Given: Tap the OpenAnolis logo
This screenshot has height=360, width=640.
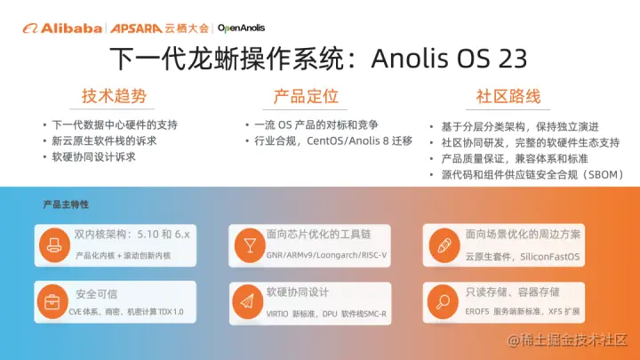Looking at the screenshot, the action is tap(241, 28).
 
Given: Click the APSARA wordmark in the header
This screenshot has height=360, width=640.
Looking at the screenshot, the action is tap(136, 28).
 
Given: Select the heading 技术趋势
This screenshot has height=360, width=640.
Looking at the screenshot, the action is tap(114, 96).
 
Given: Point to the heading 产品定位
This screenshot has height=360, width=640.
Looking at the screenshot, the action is tap(306, 96).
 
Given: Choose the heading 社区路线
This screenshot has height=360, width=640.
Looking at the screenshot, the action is tap(508, 96).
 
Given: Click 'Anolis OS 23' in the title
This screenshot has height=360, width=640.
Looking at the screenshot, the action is tap(449, 58).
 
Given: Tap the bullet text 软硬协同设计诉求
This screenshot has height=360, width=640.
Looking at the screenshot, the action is tap(93, 157).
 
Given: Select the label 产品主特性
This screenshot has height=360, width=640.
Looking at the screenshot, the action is tap(66, 204).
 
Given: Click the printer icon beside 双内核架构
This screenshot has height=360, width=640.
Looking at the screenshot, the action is tap(54, 245).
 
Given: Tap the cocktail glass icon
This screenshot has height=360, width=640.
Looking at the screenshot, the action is tap(250, 245).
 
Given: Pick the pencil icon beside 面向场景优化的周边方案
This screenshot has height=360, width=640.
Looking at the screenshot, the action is tap(444, 245).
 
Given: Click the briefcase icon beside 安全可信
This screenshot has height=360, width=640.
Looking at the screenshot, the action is tap(52, 302).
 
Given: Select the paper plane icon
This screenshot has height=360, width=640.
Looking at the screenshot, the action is tap(247, 302).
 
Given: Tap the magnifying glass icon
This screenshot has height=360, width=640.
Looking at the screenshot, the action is tap(443, 302).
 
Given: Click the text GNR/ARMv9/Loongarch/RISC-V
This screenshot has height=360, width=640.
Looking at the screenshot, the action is tap(326, 255).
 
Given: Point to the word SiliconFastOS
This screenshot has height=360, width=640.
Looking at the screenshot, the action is tap(550, 257).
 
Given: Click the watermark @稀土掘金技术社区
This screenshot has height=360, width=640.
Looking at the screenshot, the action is tap(567, 340).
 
